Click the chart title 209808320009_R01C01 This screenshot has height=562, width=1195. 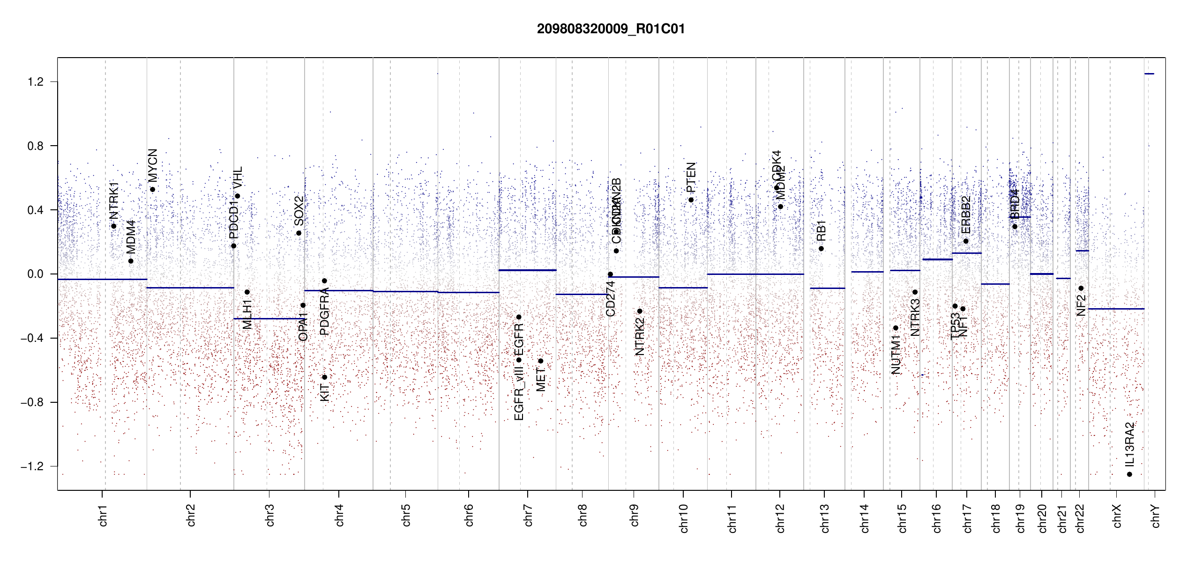611,29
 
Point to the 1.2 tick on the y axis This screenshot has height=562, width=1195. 35,82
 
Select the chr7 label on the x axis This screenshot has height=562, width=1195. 528,515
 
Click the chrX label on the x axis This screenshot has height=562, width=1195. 1117,516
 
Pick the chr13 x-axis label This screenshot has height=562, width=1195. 824,518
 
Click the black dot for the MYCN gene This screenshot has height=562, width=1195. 153,190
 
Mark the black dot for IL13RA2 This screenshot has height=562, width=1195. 1129,474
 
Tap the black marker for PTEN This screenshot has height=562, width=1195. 691,200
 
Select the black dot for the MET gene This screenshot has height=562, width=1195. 540,361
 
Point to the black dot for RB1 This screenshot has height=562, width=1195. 821,249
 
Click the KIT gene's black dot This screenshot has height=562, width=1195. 324,377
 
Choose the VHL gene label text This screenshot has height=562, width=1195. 238,177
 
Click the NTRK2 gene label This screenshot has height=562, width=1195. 640,336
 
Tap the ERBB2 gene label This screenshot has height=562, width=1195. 966,215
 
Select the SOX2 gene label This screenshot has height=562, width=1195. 299,211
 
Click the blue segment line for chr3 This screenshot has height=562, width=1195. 269,319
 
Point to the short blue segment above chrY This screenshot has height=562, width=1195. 1149,74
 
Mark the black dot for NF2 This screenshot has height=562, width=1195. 1081,288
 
